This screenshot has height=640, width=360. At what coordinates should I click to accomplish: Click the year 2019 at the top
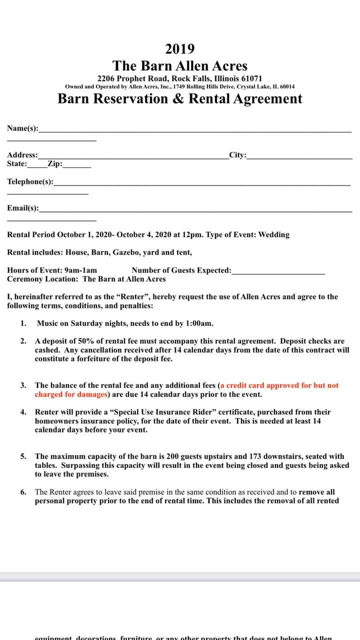[x=180, y=49]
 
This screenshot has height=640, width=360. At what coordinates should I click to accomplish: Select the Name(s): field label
[x=22, y=128]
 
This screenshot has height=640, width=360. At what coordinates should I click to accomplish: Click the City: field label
[x=237, y=155]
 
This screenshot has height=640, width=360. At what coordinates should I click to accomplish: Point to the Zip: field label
[x=55, y=163]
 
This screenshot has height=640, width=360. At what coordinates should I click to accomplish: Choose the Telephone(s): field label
[x=30, y=181]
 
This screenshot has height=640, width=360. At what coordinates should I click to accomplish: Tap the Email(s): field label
[x=23, y=208]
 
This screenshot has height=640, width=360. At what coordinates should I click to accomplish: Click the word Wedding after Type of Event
[x=273, y=234]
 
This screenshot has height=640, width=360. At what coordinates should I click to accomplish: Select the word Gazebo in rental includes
[x=125, y=252]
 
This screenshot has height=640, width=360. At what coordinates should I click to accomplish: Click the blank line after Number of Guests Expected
[x=278, y=270]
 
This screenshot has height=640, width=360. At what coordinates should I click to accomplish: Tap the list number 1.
[x=23, y=323]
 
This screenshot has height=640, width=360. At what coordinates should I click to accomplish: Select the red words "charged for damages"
[x=71, y=394]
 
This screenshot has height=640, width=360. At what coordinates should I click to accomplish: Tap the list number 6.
[x=23, y=492]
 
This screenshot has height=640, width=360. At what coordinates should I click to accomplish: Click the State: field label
[x=17, y=163]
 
